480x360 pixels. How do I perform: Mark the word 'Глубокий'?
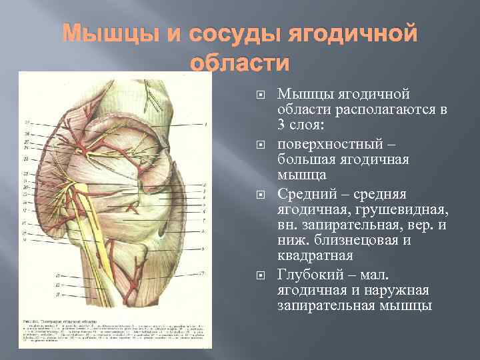pyautogui.click(x=307, y=274)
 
